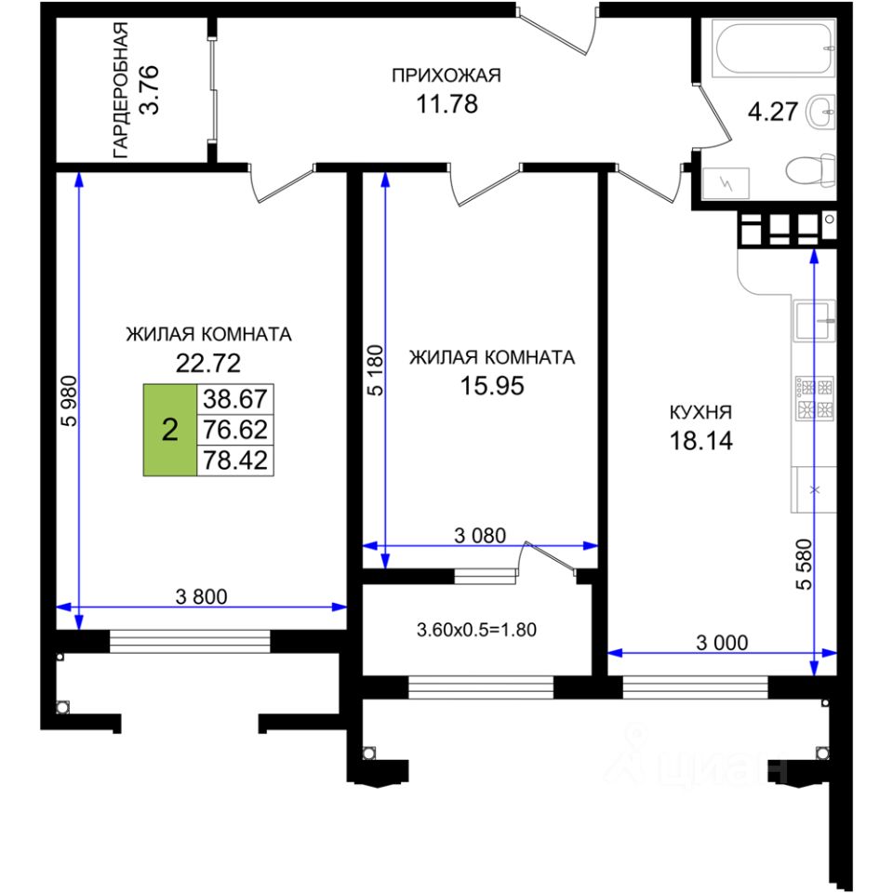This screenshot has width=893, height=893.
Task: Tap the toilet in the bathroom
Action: click(810, 169)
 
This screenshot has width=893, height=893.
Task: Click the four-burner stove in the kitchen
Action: click(815, 398)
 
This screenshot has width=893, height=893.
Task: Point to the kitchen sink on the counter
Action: click(815, 321)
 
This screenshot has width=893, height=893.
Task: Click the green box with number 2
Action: click(170, 430)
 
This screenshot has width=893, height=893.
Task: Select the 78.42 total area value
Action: click(235, 460)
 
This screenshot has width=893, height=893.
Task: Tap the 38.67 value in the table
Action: click(235, 399)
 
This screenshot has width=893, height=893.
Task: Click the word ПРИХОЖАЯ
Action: click(446, 75)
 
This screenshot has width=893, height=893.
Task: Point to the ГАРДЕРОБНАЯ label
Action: click(120, 90)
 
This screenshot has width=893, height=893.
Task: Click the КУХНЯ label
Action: click(700, 412)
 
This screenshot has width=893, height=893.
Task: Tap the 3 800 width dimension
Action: click(202, 596)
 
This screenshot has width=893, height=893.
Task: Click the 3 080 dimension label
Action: click(480, 536)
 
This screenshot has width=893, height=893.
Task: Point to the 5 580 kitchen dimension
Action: click(806, 564)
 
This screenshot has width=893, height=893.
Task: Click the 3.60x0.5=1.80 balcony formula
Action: click(476, 630)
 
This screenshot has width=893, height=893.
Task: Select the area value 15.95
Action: click(492, 386)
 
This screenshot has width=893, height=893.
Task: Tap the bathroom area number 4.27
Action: click(773, 111)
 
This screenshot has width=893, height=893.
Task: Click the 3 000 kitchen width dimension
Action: click(722, 643)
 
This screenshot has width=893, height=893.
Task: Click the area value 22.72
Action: click(208, 363)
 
